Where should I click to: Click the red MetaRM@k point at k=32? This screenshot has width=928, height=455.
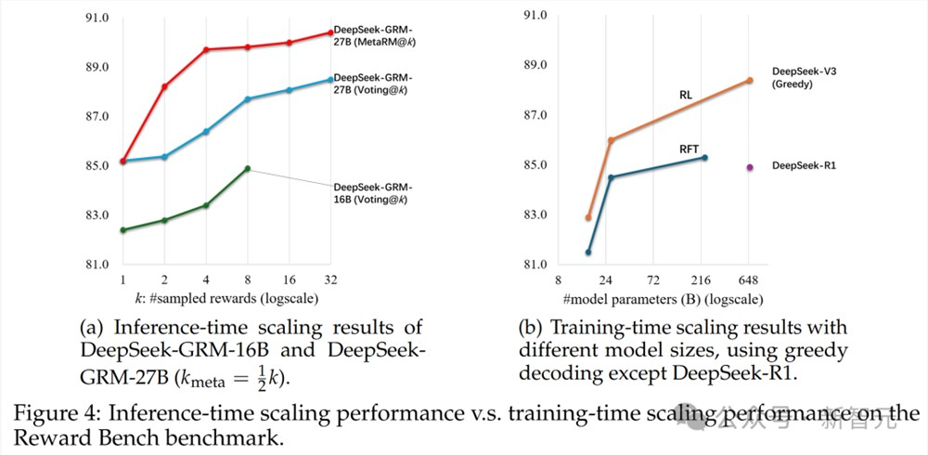tap(330, 33)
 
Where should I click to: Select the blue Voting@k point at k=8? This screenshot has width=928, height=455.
tap(248, 98)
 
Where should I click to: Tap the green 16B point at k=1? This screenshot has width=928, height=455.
tap(122, 229)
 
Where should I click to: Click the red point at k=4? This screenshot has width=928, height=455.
tap(206, 49)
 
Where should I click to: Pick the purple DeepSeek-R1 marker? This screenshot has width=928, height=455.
tap(749, 167)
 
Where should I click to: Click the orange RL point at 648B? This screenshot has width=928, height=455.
tap(750, 81)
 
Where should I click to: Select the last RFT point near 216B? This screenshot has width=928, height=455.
tap(704, 158)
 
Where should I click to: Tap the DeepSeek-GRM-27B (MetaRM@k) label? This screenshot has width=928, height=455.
tap(373, 36)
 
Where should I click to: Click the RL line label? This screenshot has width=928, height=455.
tap(684, 94)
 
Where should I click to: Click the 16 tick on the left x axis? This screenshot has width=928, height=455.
tap(289, 279)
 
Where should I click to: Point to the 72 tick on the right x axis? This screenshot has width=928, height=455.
tap(653, 279)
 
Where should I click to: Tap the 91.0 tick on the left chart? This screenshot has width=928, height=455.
tap(97, 19)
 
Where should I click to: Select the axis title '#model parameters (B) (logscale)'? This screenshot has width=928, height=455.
tap(663, 299)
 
